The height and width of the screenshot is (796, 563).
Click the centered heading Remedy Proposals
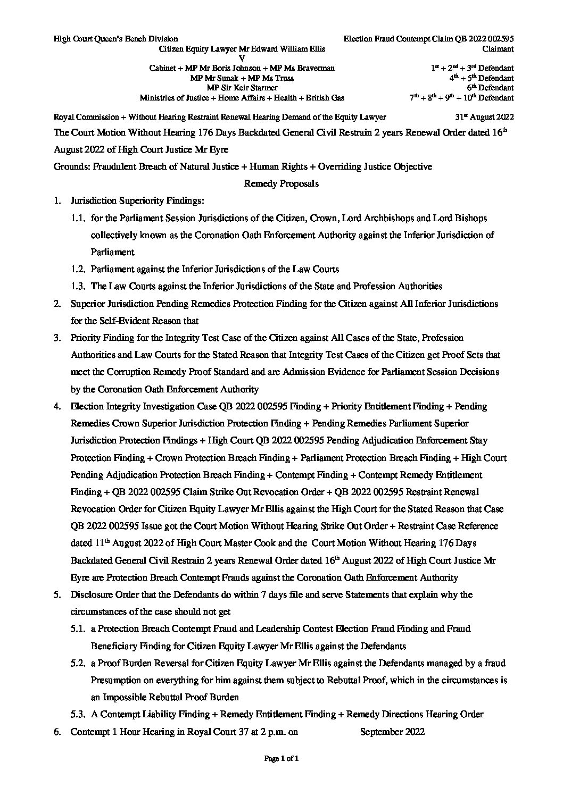(281, 183)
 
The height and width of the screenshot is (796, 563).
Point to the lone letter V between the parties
(242, 58)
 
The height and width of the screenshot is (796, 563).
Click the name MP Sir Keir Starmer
(242, 88)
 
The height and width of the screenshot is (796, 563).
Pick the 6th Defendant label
(493, 88)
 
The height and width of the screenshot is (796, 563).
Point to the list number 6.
(56, 732)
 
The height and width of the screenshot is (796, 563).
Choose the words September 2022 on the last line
(392, 732)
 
